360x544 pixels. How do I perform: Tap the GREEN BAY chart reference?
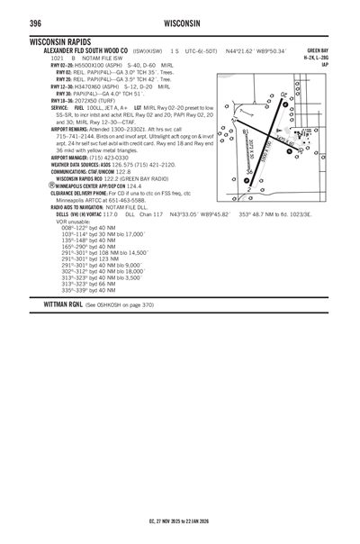pyautogui.click(x=317, y=50)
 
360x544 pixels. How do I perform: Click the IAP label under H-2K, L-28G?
pyautogui.click(x=324, y=65)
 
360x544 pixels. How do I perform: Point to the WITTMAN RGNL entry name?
pyautogui.click(x=55, y=305)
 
